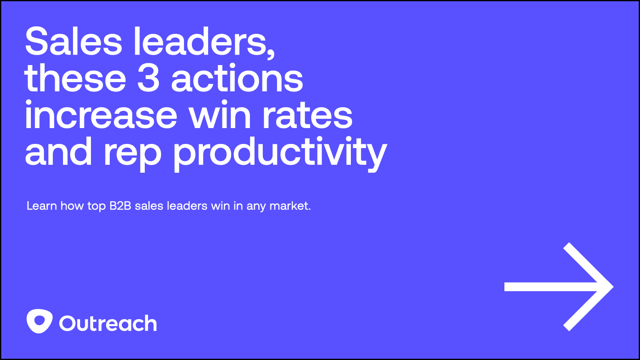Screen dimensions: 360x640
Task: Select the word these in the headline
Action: (75, 79)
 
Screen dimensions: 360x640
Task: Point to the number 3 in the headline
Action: (149, 79)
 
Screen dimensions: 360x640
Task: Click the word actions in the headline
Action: (237, 79)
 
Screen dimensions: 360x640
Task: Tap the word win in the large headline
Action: (220, 116)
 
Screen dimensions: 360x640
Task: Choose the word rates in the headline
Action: (307, 116)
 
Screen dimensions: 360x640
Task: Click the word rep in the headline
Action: (132, 154)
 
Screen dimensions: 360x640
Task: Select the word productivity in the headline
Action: (280, 154)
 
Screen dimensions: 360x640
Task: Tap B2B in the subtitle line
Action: (120, 206)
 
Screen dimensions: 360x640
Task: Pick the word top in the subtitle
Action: (96, 206)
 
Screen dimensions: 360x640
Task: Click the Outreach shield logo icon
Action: (40, 321)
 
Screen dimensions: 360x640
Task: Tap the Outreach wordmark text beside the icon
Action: (108, 324)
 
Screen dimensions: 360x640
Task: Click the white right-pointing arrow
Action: (559, 287)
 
